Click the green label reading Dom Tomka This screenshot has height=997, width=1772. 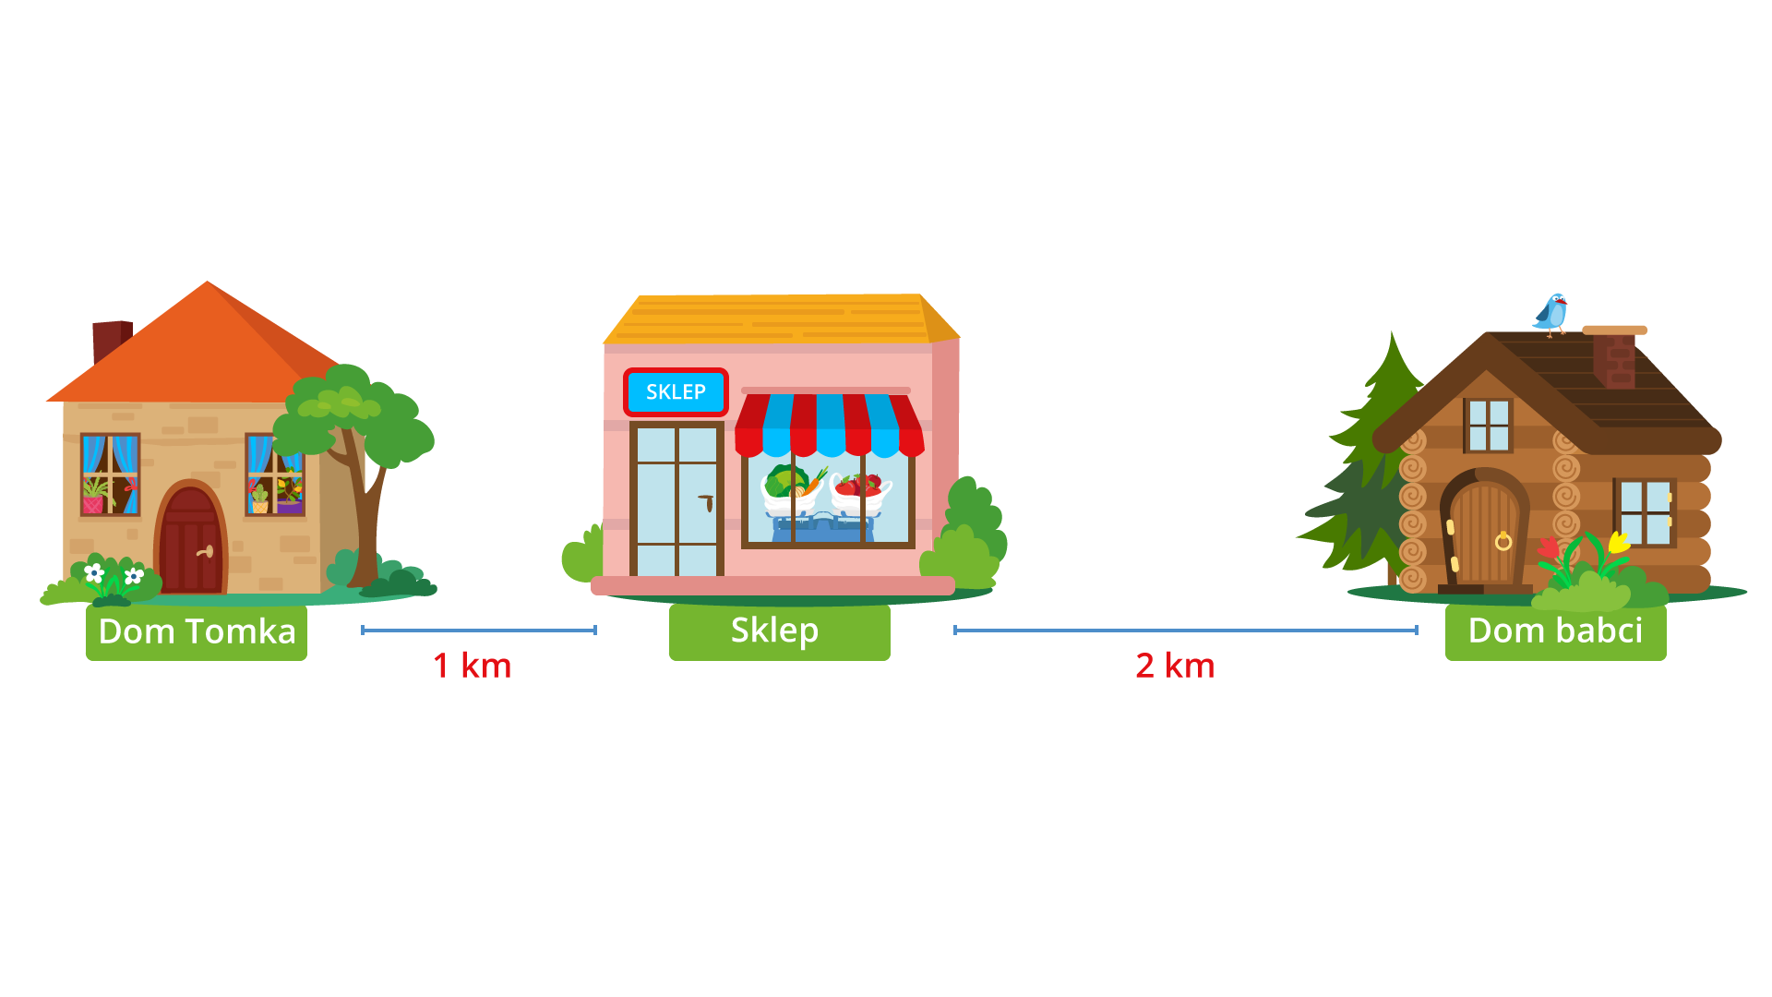pos(197,632)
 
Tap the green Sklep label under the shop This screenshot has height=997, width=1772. pos(779,631)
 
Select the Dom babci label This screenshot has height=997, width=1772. pos(1555,631)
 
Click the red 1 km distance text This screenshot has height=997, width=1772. pos(472,666)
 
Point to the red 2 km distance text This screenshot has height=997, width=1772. pos(1175,666)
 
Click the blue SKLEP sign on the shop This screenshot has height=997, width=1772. pos(676,392)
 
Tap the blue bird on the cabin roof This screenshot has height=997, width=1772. pos(1552,314)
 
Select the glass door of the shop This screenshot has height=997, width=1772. pos(676,499)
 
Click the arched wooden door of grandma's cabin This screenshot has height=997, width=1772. pos(1485,535)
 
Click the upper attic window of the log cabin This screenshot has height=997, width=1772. pos(1488,425)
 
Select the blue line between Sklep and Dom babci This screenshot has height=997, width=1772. pos(1185,631)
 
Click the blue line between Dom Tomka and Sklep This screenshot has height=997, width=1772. pos(478,631)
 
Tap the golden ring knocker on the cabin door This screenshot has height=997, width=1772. pos(1503,541)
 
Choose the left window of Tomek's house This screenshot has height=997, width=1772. pos(110,474)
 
